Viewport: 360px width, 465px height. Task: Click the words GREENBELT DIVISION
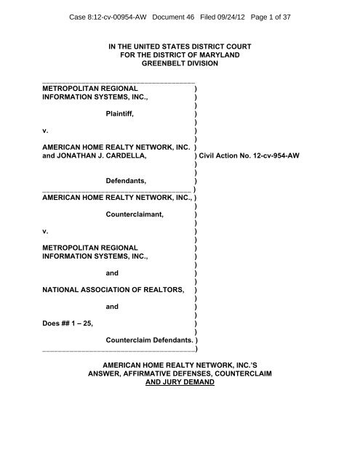click(x=180, y=65)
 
